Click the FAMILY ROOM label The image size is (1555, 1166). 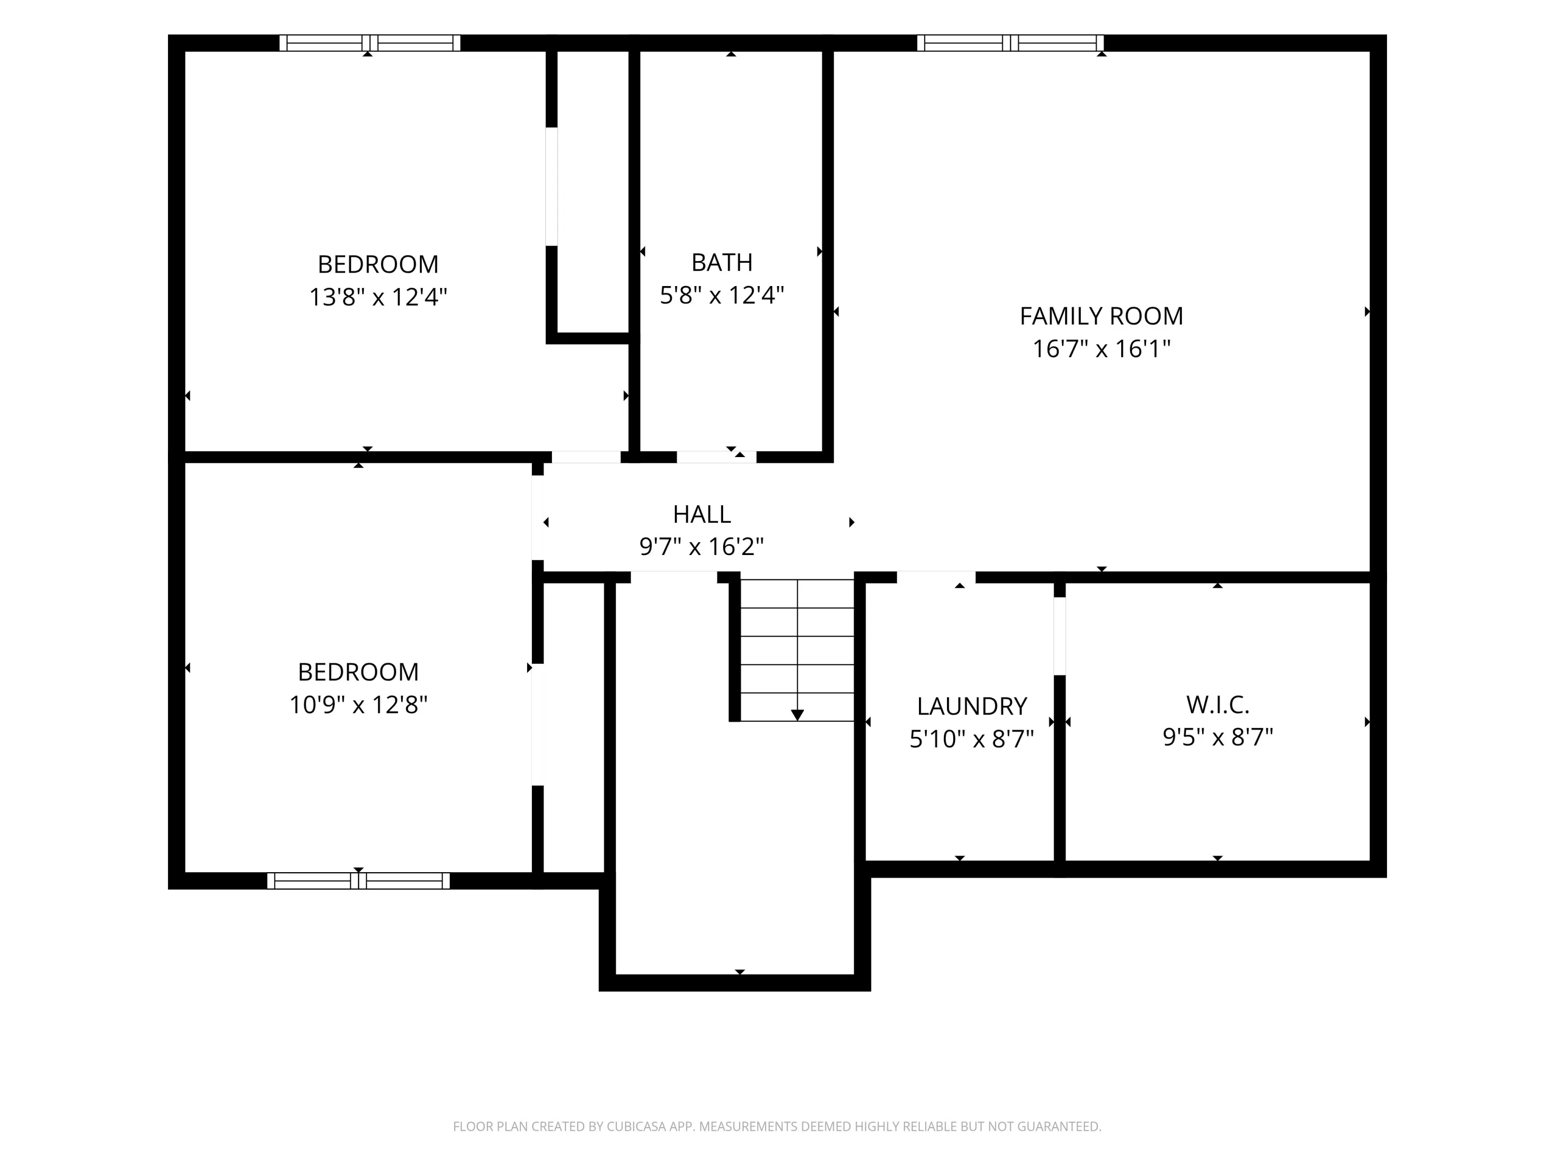1101,316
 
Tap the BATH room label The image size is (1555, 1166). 722,262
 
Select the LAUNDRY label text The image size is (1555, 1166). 971,706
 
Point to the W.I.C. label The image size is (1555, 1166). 1218,704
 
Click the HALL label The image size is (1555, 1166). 702,515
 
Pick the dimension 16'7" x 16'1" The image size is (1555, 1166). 1101,349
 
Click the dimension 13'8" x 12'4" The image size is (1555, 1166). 378,296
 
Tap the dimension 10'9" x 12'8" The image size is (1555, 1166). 359,704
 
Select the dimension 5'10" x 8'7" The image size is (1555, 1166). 971,738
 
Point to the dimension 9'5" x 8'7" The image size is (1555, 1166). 1218,736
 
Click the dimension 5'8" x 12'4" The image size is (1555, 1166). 722,294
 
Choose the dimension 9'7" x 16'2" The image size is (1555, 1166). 702,546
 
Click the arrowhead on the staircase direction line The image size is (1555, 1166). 797,715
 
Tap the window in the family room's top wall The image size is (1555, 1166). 1010,43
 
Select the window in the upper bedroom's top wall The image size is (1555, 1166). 370,43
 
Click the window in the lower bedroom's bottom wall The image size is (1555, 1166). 359,880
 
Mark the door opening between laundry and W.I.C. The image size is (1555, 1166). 1059,636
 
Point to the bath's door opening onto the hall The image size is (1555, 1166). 716,457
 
